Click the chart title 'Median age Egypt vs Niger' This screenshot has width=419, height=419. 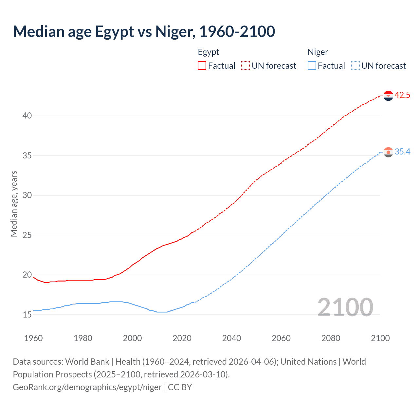tap(144, 31)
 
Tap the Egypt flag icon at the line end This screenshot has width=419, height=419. tap(388, 96)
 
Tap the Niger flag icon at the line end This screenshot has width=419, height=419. tap(388, 152)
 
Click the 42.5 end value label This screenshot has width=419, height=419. tap(402, 95)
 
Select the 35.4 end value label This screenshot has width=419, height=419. tap(402, 152)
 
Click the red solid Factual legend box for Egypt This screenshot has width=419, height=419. tap(202, 66)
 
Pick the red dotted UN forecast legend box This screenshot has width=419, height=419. tap(246, 66)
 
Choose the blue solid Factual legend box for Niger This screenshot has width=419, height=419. tap(312, 66)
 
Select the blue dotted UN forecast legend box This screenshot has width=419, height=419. tap(355, 66)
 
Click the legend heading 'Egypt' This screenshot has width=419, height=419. tap(209, 52)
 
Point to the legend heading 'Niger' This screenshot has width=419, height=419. tap(318, 52)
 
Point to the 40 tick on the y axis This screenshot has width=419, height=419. tap(27, 116)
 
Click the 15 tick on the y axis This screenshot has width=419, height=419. tap(27, 315)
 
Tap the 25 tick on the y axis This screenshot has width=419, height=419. tap(27, 235)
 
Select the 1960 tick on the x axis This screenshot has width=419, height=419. tap(33, 338)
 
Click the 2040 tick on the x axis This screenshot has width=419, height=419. tap(231, 338)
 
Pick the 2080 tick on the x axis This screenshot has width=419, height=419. tap(331, 338)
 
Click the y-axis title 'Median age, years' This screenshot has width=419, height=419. tap(14, 204)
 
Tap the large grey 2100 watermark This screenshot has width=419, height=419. tap(345, 307)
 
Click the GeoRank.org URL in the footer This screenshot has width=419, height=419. tap(87, 387)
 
